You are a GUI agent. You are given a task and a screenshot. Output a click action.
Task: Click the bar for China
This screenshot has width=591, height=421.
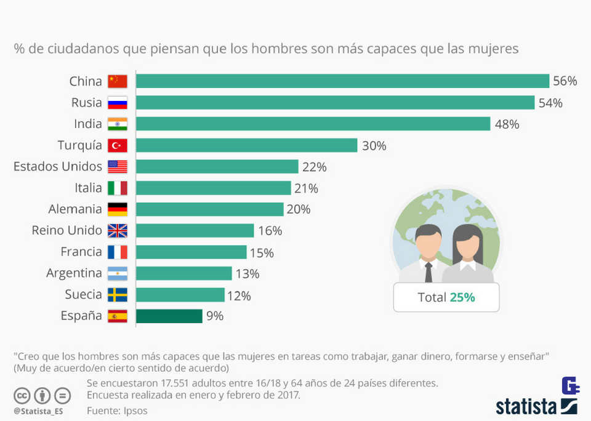tap(342, 81)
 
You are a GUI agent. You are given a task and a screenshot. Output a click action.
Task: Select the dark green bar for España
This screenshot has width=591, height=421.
tap(169, 316)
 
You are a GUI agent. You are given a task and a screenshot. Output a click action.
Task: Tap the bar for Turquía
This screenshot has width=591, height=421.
tap(246, 145)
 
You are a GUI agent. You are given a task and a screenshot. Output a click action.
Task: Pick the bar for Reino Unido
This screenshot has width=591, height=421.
tap(195, 231)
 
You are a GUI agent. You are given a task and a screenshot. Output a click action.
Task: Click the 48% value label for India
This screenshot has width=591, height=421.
tap(507, 124)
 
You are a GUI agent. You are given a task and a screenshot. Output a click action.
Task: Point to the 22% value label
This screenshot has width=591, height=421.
tap(314, 167)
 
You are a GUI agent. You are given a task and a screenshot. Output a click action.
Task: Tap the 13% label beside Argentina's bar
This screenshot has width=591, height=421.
tap(247, 274)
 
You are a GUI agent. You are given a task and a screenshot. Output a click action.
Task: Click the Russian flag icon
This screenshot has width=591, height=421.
tap(117, 103)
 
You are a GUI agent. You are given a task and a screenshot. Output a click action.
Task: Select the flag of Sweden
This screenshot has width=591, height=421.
tap(117, 295)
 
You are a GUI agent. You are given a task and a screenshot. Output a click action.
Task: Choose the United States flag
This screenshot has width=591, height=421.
tap(117, 167)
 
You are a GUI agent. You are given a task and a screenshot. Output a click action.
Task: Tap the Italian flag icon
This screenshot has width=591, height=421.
tap(117, 188)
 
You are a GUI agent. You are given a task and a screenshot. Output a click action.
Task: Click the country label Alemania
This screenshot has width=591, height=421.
tap(74, 209)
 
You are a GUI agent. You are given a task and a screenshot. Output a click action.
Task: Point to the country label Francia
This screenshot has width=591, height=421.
tap(81, 252)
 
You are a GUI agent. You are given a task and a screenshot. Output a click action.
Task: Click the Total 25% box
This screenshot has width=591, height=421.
tap(446, 297)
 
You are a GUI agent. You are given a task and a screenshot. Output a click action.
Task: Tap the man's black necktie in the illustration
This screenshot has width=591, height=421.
tap(428, 271)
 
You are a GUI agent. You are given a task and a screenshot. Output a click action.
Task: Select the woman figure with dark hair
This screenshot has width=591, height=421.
tap(467, 252)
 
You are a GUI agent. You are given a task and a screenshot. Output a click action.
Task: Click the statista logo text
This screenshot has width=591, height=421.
tap(526, 406)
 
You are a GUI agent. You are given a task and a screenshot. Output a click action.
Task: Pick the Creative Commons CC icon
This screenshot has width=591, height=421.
tap(22, 395)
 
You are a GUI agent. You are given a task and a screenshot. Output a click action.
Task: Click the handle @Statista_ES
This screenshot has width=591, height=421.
tap(38, 411)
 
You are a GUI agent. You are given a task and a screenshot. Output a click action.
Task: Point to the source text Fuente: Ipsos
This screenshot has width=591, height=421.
tap(117, 410)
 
